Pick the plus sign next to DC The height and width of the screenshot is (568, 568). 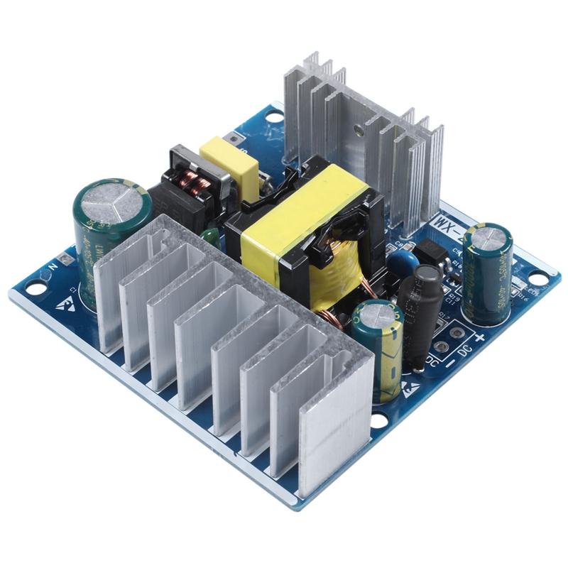pyautogui.click(x=479, y=339)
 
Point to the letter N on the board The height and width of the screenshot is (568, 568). pyautogui.click(x=52, y=268)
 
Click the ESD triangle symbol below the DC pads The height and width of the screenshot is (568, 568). pyautogui.click(x=410, y=388)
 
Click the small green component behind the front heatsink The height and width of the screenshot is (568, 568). pyautogui.click(x=208, y=237)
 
